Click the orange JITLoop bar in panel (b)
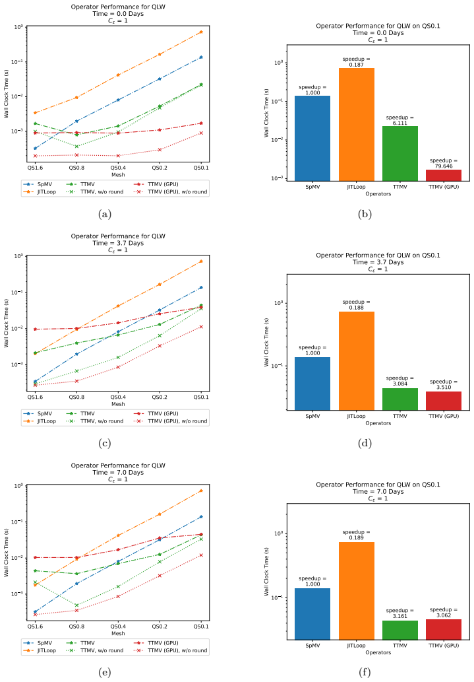356,124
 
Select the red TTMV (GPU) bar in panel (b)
444,175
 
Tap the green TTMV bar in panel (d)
400,399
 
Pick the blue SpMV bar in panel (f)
312,614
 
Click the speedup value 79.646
444,166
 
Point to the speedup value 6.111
400,123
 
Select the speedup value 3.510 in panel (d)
444,387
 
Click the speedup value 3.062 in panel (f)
444,615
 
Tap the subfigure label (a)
105,214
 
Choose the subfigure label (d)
365,443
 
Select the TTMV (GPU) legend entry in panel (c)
156,414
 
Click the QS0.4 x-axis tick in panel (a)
118,168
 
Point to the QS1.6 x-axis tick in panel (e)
35,627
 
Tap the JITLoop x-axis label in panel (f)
356,646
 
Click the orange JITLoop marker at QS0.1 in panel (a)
200,32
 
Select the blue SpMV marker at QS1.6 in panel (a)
35,149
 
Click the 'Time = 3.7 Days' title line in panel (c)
118,243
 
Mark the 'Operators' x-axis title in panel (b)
378,194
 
